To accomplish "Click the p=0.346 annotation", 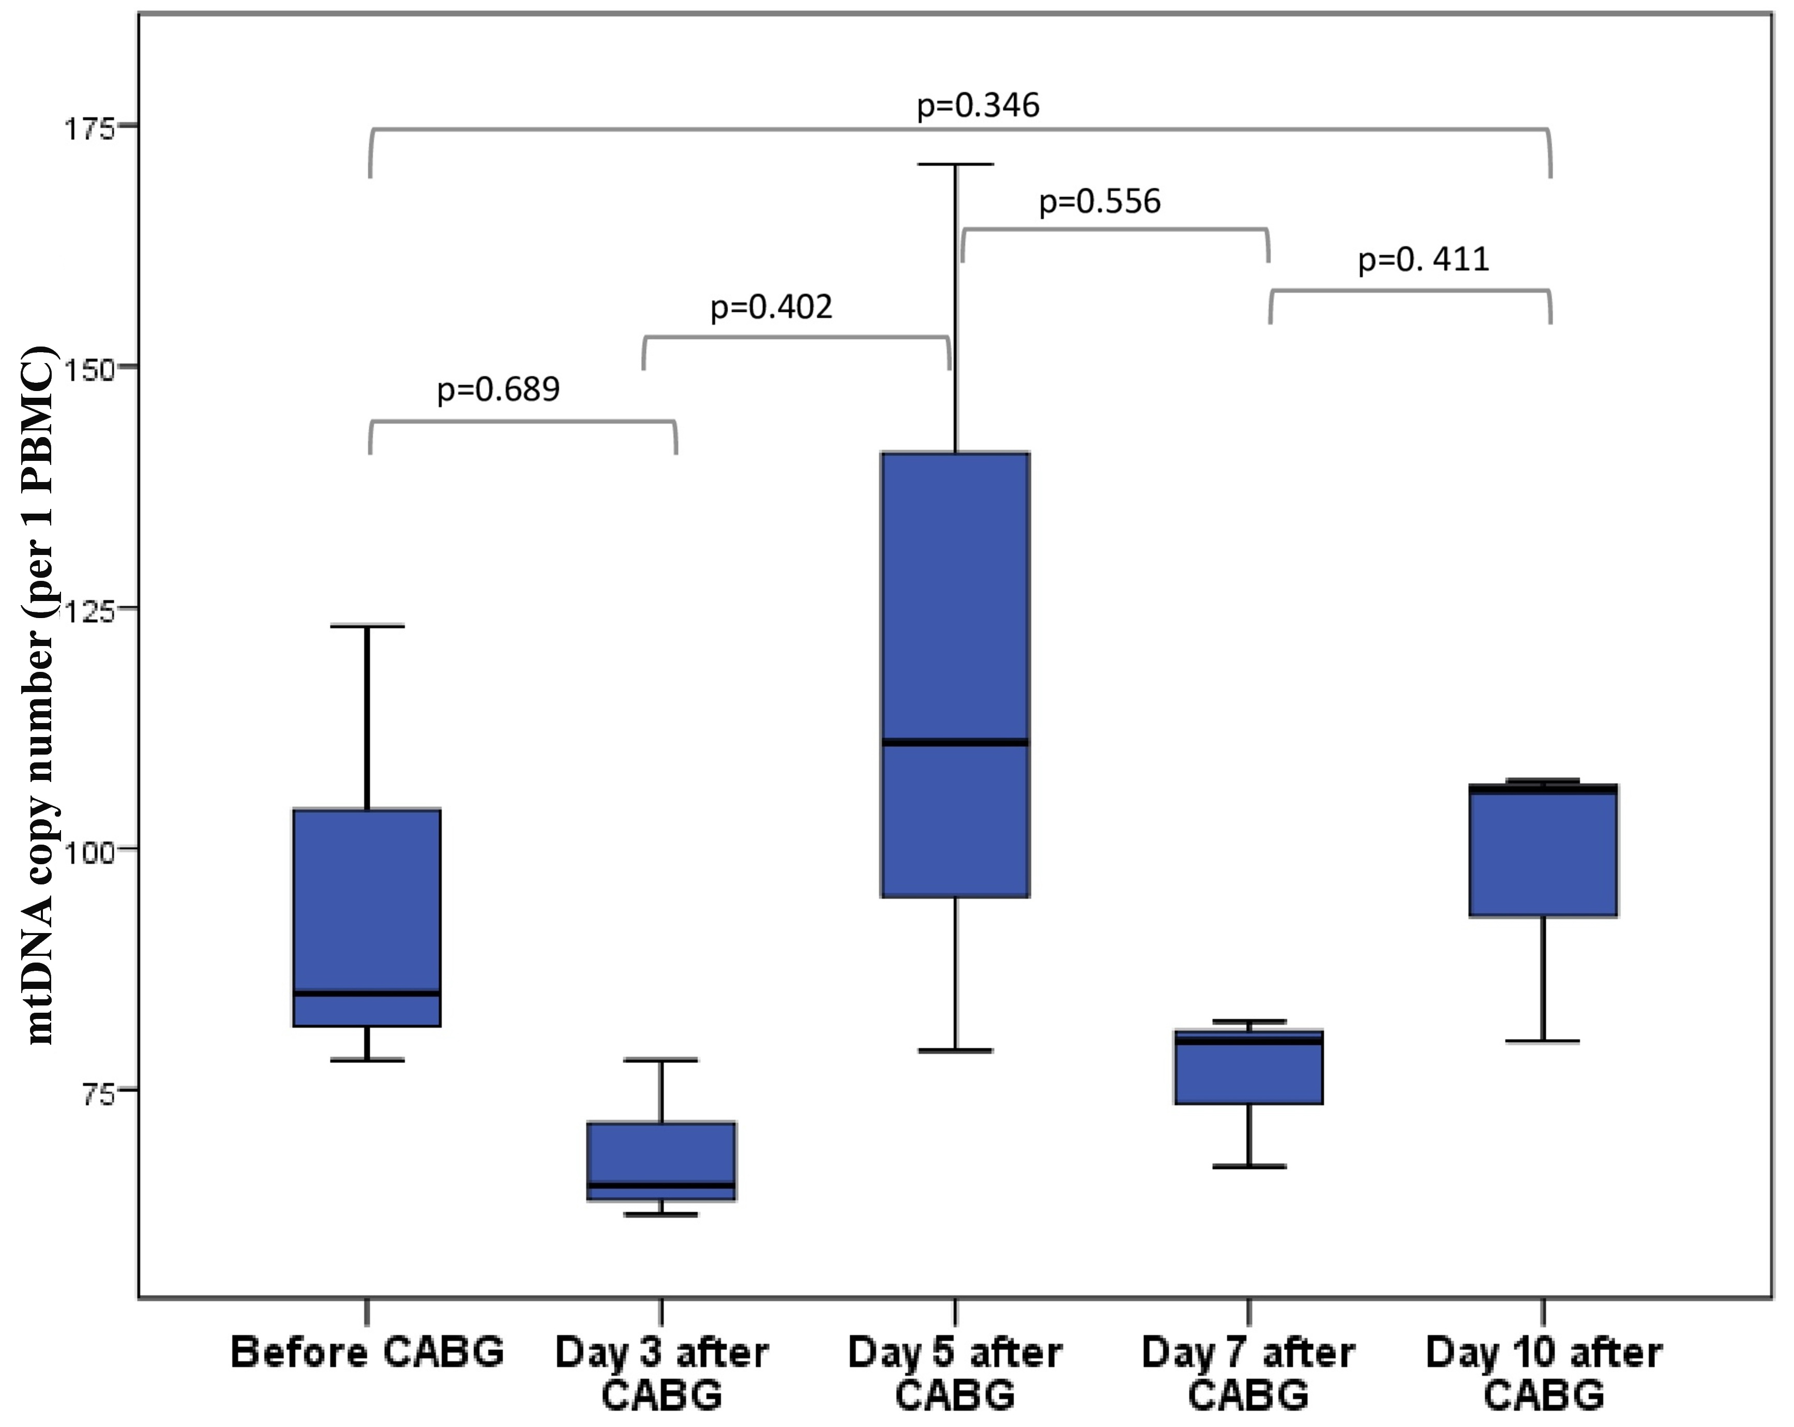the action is [978, 106].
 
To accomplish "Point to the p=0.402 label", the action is [772, 308].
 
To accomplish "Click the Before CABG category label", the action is [367, 1352].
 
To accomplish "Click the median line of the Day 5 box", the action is [955, 742].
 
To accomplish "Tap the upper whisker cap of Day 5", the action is [955, 165].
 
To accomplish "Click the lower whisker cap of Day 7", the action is [1249, 1167].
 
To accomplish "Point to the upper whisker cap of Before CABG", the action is [367, 626].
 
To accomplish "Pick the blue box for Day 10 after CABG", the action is [1544, 850].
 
